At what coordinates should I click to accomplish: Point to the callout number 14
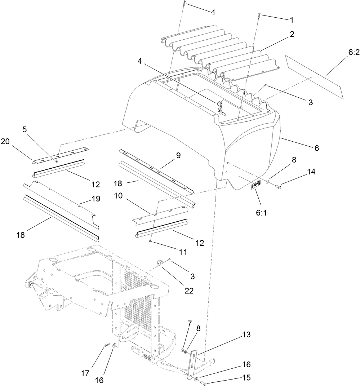[x=311, y=172]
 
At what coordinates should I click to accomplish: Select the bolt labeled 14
[x=278, y=187]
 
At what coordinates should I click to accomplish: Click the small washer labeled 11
[x=150, y=241]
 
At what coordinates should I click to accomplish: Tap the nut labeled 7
[x=182, y=349]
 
